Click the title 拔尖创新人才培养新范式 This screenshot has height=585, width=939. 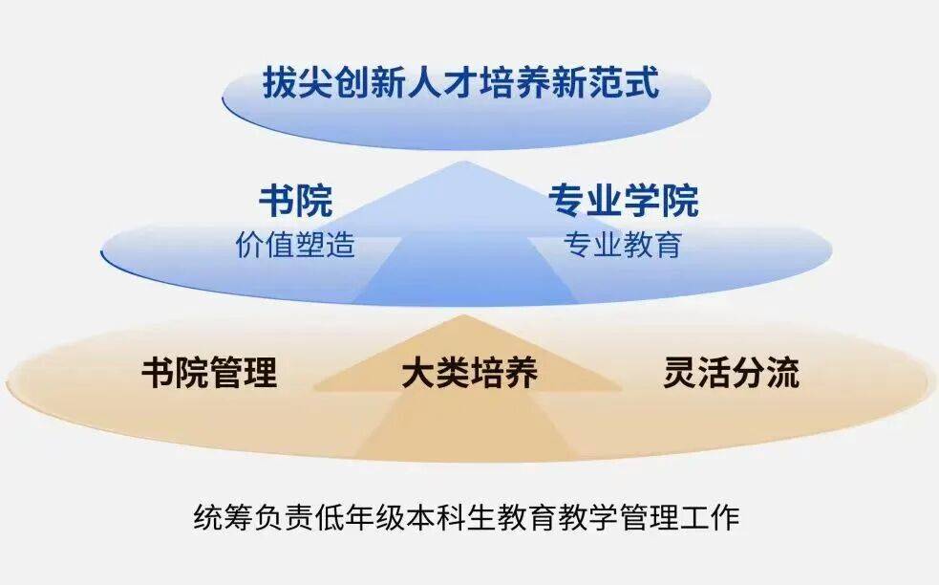pyautogui.click(x=461, y=83)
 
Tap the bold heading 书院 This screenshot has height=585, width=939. pyautogui.click(x=296, y=201)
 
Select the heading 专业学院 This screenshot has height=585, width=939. pyautogui.click(x=624, y=201)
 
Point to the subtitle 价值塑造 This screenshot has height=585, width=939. pyautogui.click(x=296, y=245)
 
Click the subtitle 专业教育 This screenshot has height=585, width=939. pyautogui.click(x=623, y=245)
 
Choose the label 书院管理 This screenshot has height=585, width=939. pyautogui.click(x=209, y=373)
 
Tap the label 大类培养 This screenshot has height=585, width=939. pyautogui.click(x=470, y=373)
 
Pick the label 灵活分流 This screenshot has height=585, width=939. pyautogui.click(x=731, y=373)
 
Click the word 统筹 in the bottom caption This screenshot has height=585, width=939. pyautogui.click(x=224, y=517)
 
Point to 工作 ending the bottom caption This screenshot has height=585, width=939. pyautogui.click(x=711, y=517)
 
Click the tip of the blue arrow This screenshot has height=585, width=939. pyautogui.click(x=463, y=162)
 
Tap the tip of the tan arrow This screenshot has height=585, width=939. pyautogui.click(x=462, y=314)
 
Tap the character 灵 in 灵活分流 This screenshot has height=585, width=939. pyautogui.click(x=680, y=373)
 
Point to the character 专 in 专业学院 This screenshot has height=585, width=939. pyautogui.click(x=567, y=201)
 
